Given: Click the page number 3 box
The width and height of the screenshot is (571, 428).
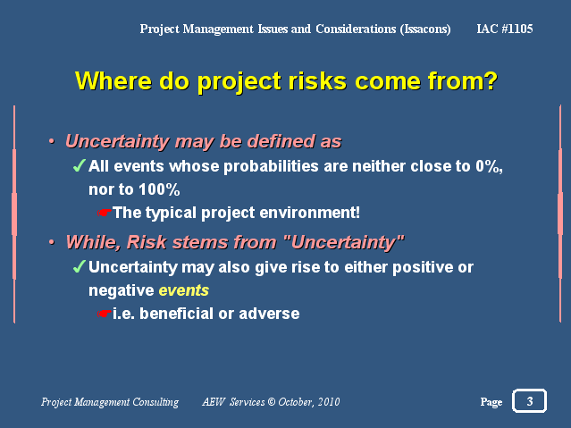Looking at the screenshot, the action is [x=529, y=400].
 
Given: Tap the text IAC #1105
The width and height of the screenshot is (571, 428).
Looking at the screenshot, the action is [x=505, y=29].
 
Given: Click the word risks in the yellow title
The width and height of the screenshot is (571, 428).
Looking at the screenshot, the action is [x=317, y=80].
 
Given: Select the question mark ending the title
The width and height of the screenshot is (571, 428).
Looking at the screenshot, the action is [x=491, y=80].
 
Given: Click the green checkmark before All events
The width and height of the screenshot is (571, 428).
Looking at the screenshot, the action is [x=80, y=165].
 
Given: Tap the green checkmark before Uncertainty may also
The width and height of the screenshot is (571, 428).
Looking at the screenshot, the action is [x=80, y=266].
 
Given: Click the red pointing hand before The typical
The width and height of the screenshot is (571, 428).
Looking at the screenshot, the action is [x=105, y=213].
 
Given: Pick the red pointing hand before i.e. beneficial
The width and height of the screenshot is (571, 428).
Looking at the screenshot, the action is [x=105, y=314].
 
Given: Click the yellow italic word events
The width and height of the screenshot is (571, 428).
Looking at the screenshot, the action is [x=184, y=290].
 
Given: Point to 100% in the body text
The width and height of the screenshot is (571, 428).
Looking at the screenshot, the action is [x=159, y=189].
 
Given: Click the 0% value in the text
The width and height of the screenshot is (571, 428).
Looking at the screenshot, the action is [x=489, y=166].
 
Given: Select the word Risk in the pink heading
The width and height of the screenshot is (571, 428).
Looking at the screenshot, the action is [x=147, y=242].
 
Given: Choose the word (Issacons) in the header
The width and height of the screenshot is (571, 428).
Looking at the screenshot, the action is [x=425, y=29].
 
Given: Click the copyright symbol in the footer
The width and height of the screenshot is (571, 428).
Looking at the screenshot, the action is [x=272, y=402].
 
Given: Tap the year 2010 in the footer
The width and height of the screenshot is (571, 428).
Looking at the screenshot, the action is [x=329, y=402].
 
